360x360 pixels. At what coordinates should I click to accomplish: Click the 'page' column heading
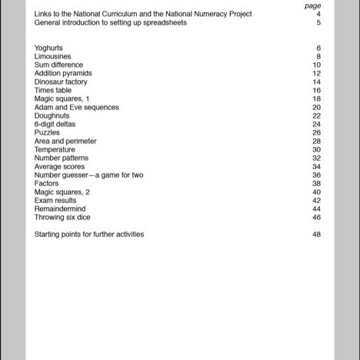pos(312,5)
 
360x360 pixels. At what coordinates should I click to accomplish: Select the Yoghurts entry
pos(49,48)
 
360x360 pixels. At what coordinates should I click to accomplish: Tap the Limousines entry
pos(52,56)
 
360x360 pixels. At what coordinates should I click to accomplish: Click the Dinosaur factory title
pos(61,82)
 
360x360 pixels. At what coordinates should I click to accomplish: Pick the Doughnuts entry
pos(52,115)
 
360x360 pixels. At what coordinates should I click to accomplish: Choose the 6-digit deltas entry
pos(53,124)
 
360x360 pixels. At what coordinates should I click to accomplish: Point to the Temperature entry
pos(55,149)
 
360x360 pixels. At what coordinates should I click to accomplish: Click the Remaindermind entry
pos(60,208)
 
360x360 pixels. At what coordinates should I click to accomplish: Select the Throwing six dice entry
pos(62,217)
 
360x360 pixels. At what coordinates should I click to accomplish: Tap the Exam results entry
pos(55,200)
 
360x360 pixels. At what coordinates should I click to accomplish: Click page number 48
pos(316,234)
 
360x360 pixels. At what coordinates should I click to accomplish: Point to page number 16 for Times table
pos(316,90)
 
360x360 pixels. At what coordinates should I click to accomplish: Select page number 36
pos(316,175)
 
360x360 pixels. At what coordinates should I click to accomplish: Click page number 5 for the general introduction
pos(318,22)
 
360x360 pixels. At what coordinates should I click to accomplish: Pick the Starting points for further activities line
pos(89,234)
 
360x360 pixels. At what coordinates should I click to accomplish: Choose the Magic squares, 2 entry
pos(62,192)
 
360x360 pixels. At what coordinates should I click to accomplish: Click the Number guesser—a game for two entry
pos(88,175)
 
